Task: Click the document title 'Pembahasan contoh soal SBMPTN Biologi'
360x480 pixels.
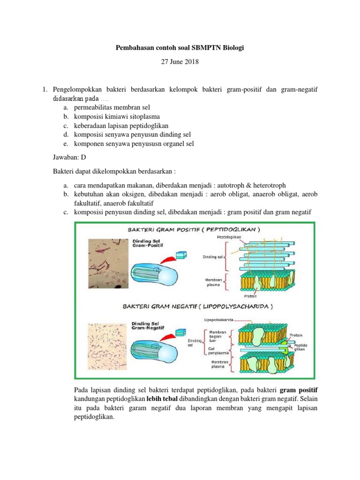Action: click(x=180, y=48)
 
